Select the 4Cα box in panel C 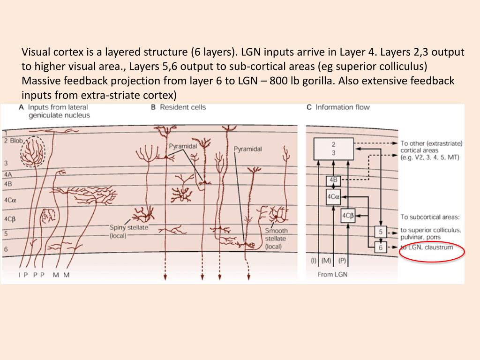coord(333,197)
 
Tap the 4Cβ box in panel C coord(348,215)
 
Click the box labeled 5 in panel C coord(380,232)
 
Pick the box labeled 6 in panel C coord(380,247)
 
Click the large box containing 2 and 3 coord(333,148)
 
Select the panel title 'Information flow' coord(342,107)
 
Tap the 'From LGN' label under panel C coord(332,274)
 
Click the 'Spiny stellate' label coord(129,227)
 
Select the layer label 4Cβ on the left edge coord(10,219)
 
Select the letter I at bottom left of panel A coord(19,275)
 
